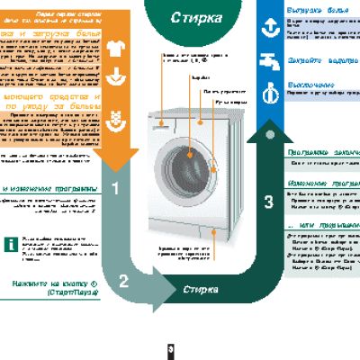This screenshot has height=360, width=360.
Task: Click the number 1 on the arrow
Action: point(115,187)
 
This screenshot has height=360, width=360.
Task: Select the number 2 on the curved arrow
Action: point(124,279)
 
